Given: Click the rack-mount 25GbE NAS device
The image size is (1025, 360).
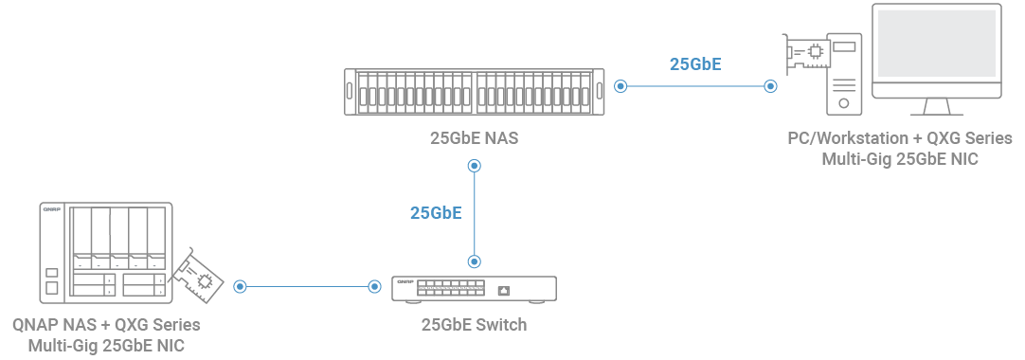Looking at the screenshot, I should (474, 92).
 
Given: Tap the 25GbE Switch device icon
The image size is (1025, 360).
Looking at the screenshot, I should (475, 287).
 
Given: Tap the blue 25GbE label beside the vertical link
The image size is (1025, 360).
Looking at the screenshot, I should (436, 212).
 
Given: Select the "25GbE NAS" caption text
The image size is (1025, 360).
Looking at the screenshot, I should (474, 138).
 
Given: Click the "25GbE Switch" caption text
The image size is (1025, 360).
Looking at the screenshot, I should (474, 325).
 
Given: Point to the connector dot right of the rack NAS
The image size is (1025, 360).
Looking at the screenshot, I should (620, 86).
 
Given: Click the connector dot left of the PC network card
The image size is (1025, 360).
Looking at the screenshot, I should (770, 86).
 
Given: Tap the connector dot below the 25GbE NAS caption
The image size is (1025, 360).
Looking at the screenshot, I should (475, 166).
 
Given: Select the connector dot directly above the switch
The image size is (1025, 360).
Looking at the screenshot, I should (475, 260).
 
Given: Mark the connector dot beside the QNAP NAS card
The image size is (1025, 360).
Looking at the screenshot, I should (240, 285).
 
